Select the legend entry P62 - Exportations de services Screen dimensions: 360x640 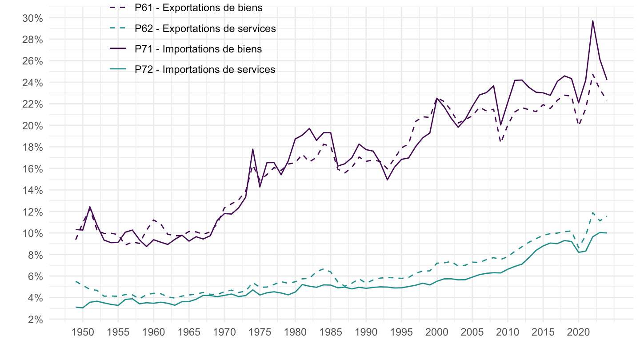[x=205, y=28]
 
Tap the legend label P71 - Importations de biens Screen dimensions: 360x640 [x=198, y=49]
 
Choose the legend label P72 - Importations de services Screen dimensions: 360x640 [x=205, y=69]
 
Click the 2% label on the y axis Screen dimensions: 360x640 [x=36, y=320]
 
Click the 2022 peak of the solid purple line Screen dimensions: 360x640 [x=593, y=20]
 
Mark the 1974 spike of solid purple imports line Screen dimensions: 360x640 [x=252, y=149]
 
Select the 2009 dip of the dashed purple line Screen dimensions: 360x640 [x=501, y=141]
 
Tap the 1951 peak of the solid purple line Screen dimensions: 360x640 [x=90, y=207]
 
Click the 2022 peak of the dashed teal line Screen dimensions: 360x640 [x=593, y=212]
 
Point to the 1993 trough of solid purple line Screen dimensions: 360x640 [x=387, y=180]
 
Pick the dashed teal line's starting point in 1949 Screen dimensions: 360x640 [x=76, y=281]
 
